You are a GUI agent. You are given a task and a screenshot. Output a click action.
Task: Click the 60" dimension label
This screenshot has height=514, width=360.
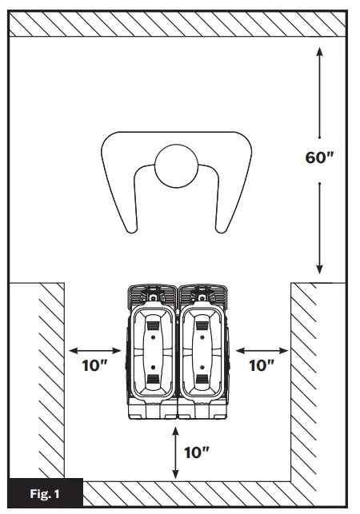pyautogui.click(x=318, y=157)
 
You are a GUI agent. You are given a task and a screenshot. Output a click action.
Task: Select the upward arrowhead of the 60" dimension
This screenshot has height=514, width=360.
pyautogui.click(x=319, y=52)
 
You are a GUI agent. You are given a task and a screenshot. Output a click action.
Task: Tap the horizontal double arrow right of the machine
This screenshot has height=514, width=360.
pyautogui.click(x=262, y=349)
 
